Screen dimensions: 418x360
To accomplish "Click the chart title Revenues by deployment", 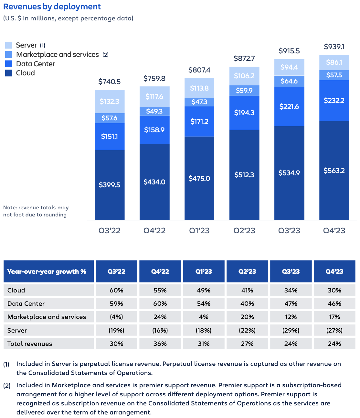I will click(52, 7).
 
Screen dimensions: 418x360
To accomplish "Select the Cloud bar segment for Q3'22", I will click(110, 185).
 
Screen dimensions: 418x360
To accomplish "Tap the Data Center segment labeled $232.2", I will click(334, 101).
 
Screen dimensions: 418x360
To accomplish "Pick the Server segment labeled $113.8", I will click(199, 88).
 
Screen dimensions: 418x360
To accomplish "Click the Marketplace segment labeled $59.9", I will click(244, 91).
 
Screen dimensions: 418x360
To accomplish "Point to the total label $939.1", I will click(334, 47).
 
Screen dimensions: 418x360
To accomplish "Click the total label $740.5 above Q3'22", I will click(110, 82).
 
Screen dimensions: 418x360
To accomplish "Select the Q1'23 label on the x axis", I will click(199, 231).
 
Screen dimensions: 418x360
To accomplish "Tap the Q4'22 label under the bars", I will click(154, 231).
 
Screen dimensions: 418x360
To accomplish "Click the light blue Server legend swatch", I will click(9, 45).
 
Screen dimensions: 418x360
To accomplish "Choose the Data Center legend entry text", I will click(36, 64).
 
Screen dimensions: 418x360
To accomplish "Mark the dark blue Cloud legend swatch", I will click(9, 73).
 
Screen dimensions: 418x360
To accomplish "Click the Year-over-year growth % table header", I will click(47, 271).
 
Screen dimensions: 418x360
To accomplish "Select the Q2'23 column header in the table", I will click(247, 271).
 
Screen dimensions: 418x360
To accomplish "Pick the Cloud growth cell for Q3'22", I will click(116, 290).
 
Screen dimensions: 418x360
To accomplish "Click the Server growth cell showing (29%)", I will click(291, 330).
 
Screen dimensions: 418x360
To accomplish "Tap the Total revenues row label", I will click(30, 344).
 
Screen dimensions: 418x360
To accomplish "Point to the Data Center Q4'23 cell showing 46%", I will click(334, 303).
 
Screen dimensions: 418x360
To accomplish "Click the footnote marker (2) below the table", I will click(7, 386).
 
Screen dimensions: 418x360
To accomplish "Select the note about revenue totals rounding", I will click(36, 211).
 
